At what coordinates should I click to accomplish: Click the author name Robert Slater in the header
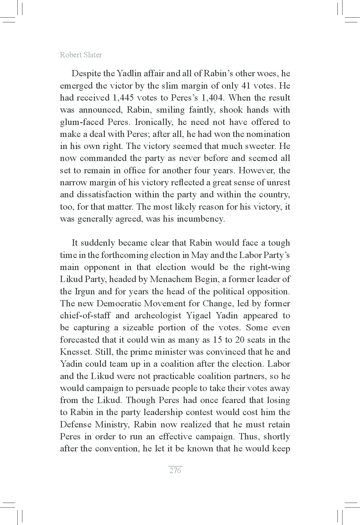(81, 55)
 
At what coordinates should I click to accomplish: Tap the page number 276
(175, 470)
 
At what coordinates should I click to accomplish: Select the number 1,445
(124, 98)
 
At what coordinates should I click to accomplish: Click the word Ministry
(112, 424)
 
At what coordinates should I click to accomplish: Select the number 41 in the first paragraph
(246, 86)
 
